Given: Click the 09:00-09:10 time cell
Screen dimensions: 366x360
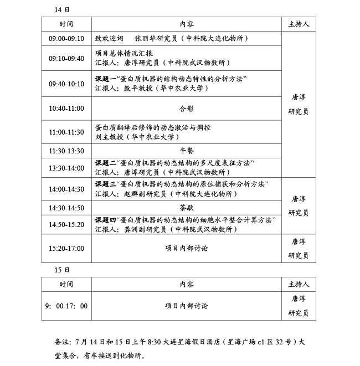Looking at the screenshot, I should [66, 39].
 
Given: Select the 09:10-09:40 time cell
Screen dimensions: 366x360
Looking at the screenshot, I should [66, 58].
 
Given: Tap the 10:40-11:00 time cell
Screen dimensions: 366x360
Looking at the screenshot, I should [66, 109].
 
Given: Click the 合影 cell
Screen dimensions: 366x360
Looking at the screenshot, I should [186, 109].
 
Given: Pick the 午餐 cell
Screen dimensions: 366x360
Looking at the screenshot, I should [186, 151].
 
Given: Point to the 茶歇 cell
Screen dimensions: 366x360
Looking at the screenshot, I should [186, 208].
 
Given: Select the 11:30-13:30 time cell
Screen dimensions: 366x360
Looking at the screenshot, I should [66, 151].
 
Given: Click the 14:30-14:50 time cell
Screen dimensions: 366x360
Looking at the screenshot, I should [66, 208].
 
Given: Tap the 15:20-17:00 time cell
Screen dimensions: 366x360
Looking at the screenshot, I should [66, 248].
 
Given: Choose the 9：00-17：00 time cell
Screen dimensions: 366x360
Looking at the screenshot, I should [66, 306].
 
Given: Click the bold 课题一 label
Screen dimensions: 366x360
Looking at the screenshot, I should [105, 79].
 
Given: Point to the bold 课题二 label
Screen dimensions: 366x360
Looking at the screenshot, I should [105, 163].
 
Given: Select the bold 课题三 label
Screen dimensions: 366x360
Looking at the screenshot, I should [105, 184].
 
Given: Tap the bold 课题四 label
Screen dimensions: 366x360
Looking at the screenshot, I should [105, 220].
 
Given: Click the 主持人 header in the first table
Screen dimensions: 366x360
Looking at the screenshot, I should [299, 24].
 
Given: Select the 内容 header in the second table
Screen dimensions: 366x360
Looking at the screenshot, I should [186, 284].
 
